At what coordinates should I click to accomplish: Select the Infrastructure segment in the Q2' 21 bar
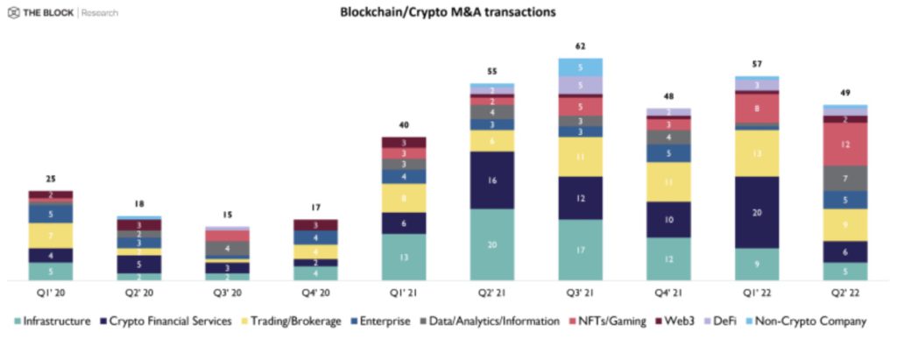[491, 244]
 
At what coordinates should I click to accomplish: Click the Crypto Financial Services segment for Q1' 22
[756, 212]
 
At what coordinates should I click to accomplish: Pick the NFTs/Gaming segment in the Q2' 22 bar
[844, 144]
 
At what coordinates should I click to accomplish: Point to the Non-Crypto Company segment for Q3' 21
[580, 67]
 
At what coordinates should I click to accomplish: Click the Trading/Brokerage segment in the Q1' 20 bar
[51, 236]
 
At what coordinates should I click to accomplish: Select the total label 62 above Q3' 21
[580, 46]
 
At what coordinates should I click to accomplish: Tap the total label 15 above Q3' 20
[227, 215]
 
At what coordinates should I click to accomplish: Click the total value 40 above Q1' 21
[403, 125]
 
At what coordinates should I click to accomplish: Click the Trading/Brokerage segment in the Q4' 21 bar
[668, 182]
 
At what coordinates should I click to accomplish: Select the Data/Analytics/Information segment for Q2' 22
[844, 178]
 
